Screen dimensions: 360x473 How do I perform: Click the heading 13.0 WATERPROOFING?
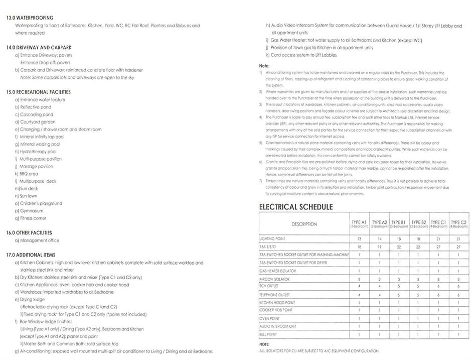pos(30,18)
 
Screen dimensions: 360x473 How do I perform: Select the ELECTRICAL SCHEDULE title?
pos(296,207)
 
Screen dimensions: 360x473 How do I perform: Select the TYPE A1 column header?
pos(359,223)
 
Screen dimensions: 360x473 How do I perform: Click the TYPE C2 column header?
pos(459,223)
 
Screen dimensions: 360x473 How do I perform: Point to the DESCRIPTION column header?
pos(304,224)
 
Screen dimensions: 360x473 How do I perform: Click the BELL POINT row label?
pos(269,334)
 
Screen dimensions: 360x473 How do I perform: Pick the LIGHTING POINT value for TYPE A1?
pos(359,239)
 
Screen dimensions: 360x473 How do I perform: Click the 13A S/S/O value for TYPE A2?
pos(380,247)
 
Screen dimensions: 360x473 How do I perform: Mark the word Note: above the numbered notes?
pos(264,66)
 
